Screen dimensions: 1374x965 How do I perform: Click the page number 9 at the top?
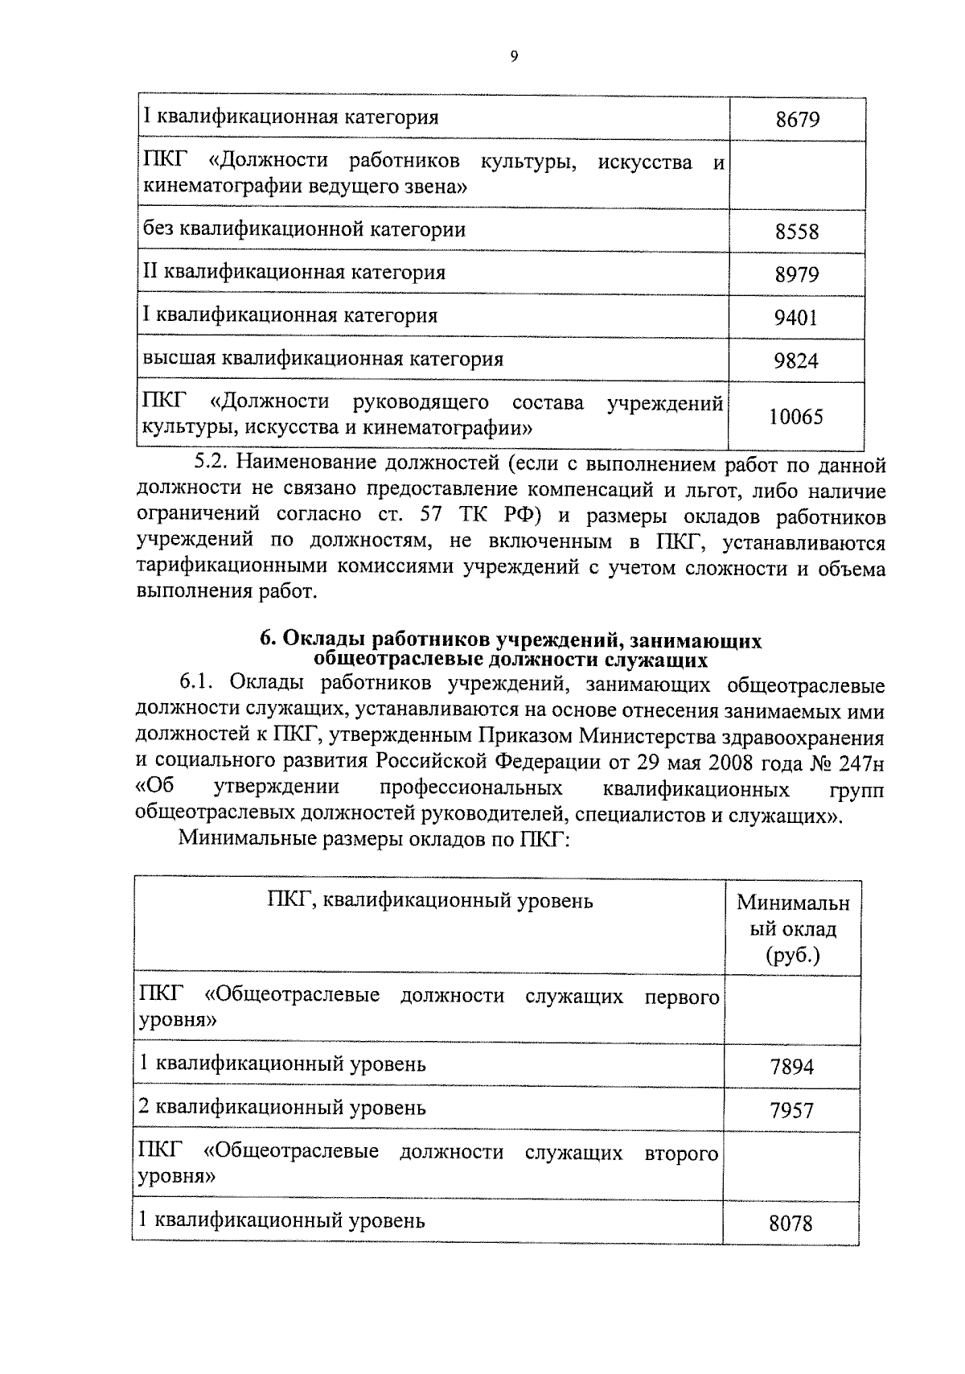(514, 56)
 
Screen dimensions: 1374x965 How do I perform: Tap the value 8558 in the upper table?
(796, 232)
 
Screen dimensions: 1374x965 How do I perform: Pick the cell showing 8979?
(796, 275)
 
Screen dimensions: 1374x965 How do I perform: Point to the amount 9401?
(796, 318)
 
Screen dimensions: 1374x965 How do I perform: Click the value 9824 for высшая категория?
(796, 360)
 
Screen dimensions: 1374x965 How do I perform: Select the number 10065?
(796, 417)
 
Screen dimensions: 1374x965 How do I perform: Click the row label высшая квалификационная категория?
(322, 358)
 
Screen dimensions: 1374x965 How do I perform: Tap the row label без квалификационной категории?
(304, 230)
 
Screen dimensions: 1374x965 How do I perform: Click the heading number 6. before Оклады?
(267, 640)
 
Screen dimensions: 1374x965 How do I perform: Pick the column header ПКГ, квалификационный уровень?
(429, 901)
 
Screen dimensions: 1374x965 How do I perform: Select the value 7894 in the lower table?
(791, 1068)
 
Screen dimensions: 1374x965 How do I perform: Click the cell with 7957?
(791, 1111)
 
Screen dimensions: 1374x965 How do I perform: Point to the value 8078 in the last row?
(791, 1224)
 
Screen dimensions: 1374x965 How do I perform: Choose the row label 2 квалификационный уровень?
(281, 1108)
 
